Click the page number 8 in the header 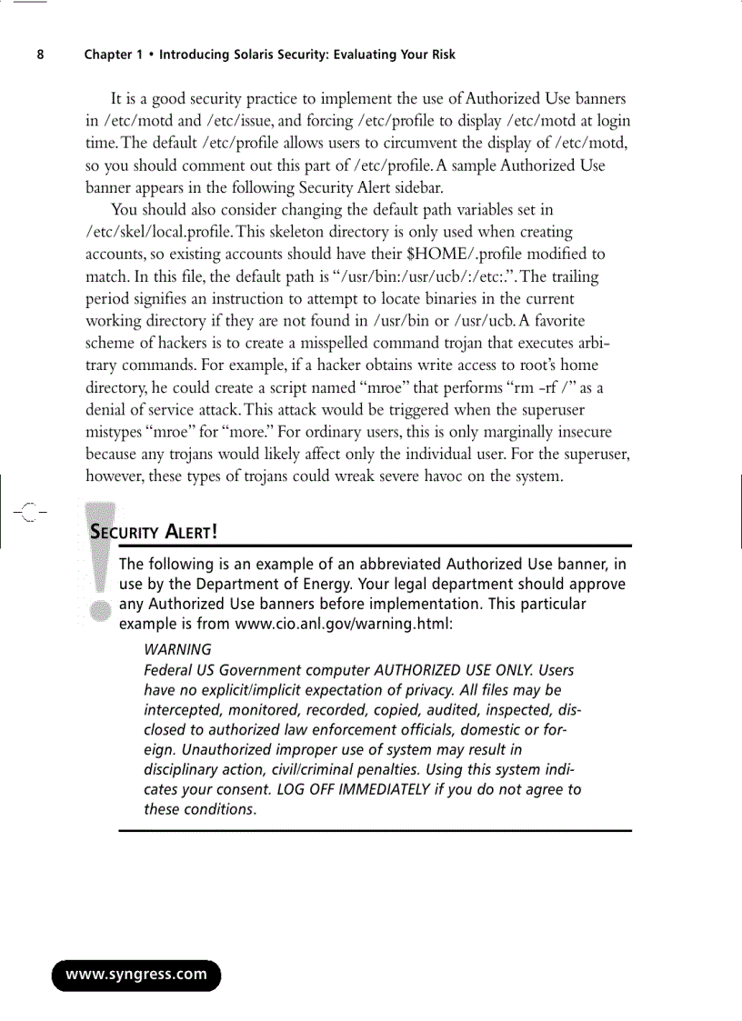[40, 55]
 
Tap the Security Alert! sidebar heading [155, 530]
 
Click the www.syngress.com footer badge [135, 975]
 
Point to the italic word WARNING [178, 649]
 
